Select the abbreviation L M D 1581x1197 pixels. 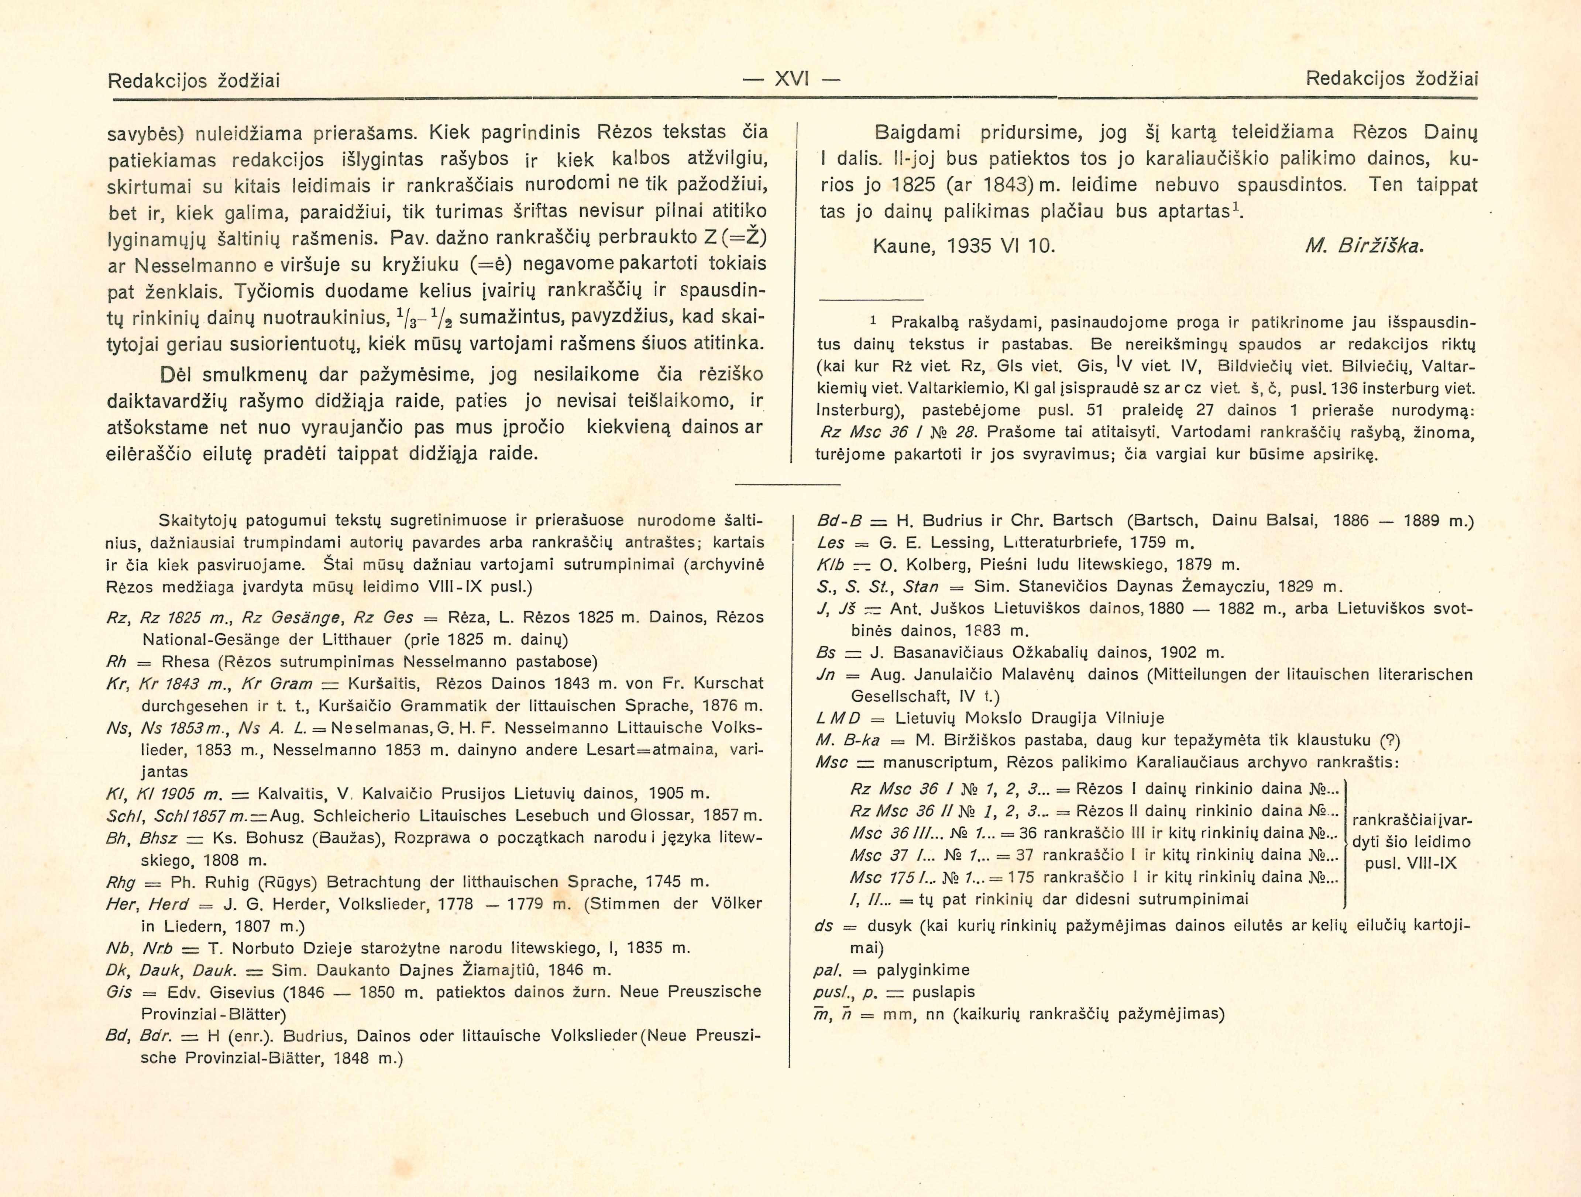coord(838,718)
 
